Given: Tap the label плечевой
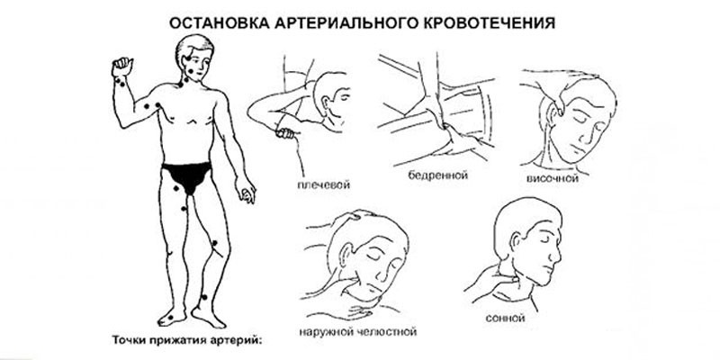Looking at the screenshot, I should pyautogui.click(x=321, y=185).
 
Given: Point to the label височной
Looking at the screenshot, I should pyautogui.click(x=552, y=180).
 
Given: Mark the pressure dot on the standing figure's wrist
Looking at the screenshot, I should pyautogui.click(x=121, y=82).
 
